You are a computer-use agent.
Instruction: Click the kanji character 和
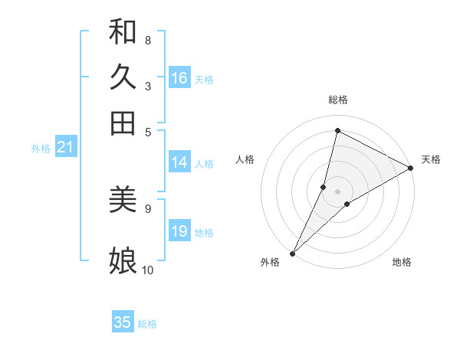[123, 31]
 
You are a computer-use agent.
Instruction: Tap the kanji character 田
[123, 123]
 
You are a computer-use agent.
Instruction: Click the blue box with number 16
[179, 78]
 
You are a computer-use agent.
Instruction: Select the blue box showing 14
[179, 162]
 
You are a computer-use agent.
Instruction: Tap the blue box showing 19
[179, 231]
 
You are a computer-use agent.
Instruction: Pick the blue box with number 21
[64, 148]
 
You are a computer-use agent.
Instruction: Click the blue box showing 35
[123, 322]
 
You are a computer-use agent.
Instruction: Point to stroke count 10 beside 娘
[148, 270]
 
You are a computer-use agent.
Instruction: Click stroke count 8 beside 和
[148, 40]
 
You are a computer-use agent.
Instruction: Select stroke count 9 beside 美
[148, 208]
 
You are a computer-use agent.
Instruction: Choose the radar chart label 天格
[431, 159]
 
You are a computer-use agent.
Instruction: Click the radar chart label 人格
[245, 159]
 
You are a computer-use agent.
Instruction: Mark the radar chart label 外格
[270, 262]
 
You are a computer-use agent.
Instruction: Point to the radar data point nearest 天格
[411, 168]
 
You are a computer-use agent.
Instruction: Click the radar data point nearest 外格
[292, 253]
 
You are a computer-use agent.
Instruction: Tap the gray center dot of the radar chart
[338, 191]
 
